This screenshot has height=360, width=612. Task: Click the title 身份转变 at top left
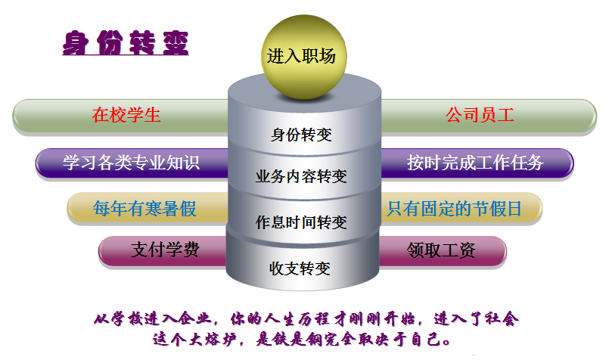126,42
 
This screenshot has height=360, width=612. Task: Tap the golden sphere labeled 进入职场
303,57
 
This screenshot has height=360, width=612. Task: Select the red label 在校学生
126,115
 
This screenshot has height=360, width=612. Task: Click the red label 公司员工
480,115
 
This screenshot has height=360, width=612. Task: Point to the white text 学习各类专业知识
132,163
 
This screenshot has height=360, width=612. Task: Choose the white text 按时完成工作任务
475,163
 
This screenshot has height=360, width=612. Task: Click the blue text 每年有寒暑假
144,208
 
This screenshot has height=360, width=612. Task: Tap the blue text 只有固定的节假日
455,208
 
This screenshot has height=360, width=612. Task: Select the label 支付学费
166,250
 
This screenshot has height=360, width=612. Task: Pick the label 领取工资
441,250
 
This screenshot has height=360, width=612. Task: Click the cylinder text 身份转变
301,135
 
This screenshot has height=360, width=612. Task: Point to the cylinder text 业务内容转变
301,176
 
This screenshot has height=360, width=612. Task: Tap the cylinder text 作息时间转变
301,222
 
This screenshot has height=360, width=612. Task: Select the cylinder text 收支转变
300,268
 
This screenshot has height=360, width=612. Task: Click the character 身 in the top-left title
76,43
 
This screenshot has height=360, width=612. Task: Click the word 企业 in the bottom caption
194,318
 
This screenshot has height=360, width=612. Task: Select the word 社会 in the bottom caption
502,318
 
